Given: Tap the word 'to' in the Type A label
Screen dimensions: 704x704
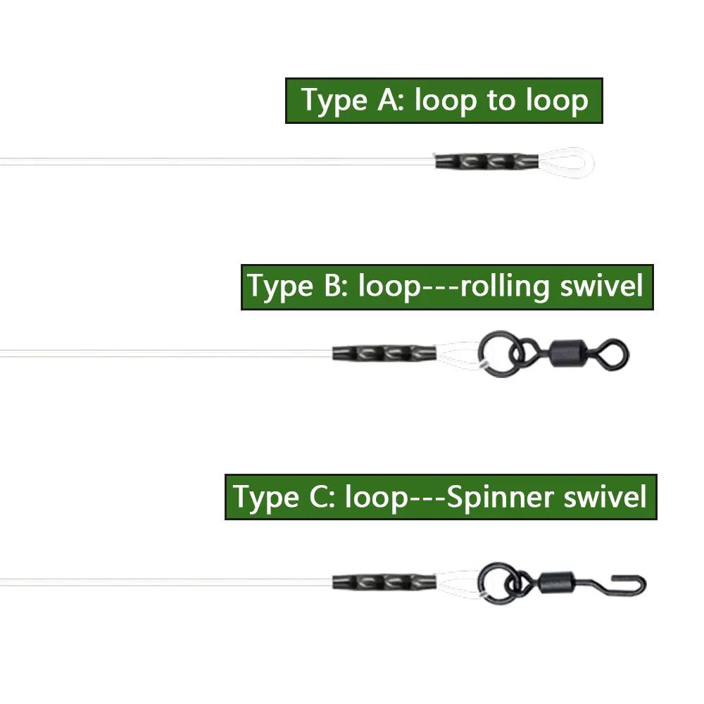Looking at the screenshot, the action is click(x=501, y=100).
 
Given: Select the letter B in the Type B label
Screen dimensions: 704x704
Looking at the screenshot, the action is click(x=333, y=286).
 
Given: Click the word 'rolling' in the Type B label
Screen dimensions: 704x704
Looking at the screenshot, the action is click(x=505, y=286).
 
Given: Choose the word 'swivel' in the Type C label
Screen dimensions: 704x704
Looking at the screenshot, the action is click(x=605, y=496).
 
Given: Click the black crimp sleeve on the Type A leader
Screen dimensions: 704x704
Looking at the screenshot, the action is click(x=486, y=161).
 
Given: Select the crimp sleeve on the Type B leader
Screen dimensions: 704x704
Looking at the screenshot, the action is click(x=384, y=353).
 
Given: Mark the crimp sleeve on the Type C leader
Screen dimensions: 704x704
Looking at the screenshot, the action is click(x=384, y=582).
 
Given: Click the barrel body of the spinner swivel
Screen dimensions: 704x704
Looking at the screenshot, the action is click(x=557, y=583).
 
